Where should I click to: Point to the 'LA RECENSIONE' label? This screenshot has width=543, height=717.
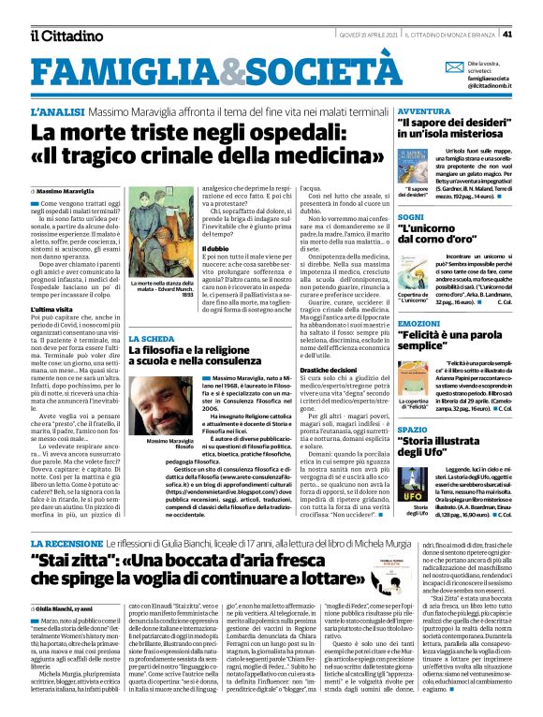65,543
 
